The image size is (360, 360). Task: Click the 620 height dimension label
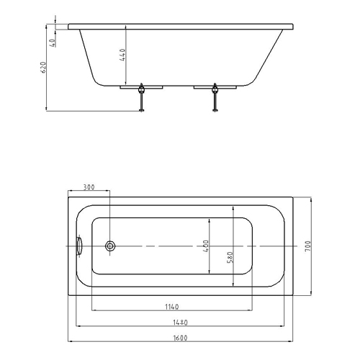coord(44,68)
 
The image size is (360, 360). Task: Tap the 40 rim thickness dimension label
coord(53,42)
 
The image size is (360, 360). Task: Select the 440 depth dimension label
coord(122,55)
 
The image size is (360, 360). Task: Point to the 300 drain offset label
coord(89,187)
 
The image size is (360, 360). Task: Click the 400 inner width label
coord(206,246)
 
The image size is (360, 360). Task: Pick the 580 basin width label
coord(230,257)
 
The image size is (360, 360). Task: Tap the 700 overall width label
coord(307,246)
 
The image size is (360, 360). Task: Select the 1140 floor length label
coord(172,307)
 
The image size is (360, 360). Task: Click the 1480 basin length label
coord(180,323)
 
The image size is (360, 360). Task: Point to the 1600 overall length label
coord(180,338)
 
